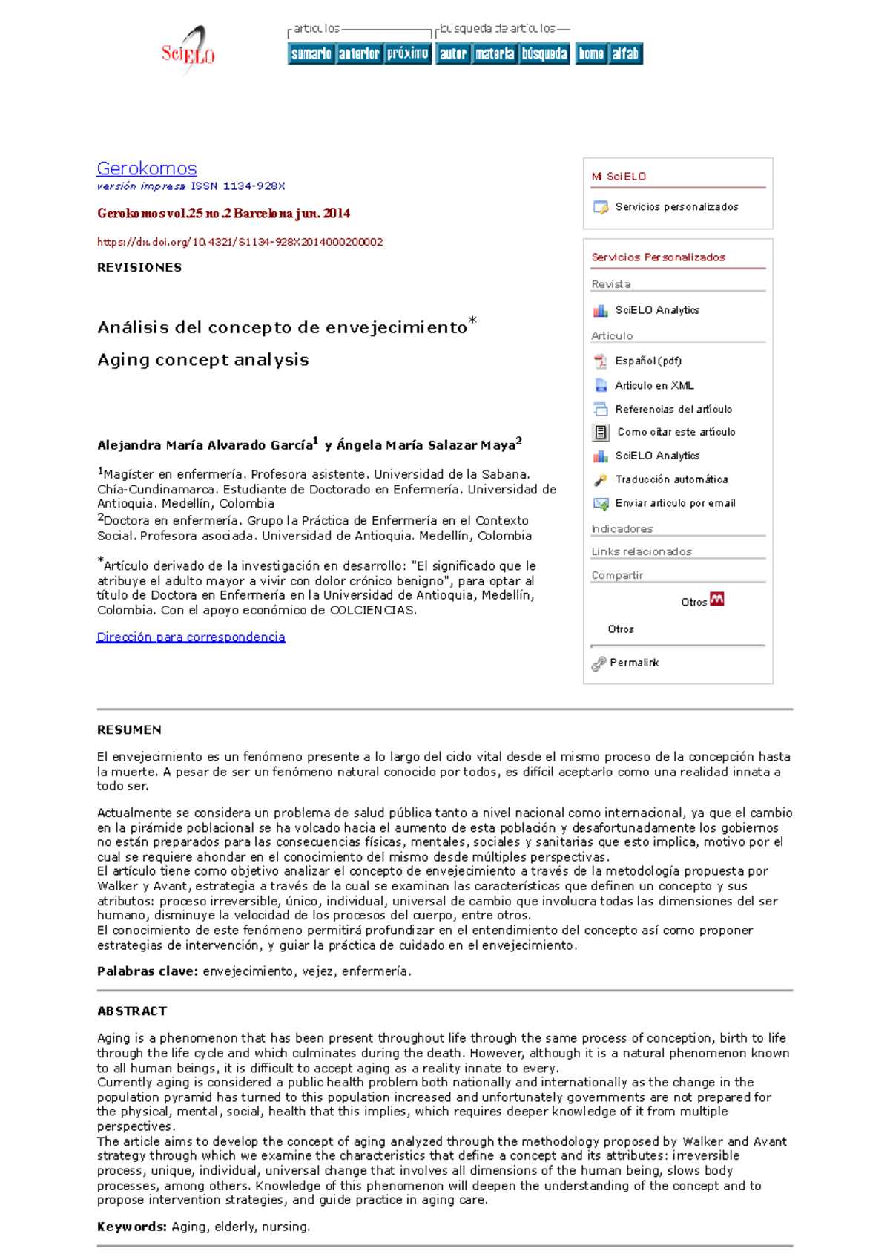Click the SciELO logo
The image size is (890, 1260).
pos(188,50)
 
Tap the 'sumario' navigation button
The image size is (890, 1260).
pos(311,53)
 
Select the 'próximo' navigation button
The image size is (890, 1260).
pos(407,53)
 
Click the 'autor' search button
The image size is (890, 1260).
pos(452,53)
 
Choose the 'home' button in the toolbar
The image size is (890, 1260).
pos(591,53)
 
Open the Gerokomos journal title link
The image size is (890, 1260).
pos(147,168)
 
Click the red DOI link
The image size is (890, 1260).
pos(240,242)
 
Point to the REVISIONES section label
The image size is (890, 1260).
pos(139,267)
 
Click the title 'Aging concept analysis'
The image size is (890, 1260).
pos(202,360)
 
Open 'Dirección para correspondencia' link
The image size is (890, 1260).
pos(191,637)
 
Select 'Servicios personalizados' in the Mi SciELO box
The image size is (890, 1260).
pos(676,207)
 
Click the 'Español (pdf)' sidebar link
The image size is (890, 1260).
pos(647,361)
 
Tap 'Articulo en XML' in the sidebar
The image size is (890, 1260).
pos(654,385)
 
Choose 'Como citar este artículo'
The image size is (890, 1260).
pos(676,432)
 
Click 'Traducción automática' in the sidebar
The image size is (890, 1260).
pos(670,479)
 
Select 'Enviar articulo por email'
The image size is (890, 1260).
pos(675,503)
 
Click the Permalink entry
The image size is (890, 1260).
pos(633,663)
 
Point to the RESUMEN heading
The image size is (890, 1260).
pos(129,730)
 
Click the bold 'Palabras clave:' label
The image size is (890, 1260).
pos(148,971)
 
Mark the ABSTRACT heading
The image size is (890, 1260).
pos(132,1011)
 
